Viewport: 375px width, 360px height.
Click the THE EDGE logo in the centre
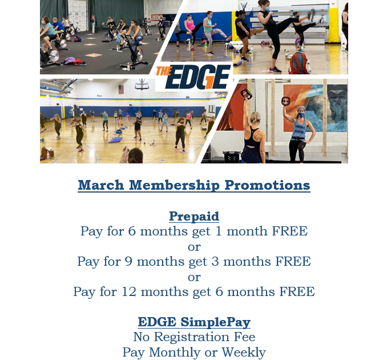coord(193,77)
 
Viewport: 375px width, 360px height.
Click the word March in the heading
coord(101,185)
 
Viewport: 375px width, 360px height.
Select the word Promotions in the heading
coord(267,185)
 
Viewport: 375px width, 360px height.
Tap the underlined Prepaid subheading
coord(194,217)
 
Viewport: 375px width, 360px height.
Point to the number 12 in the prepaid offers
coord(129,291)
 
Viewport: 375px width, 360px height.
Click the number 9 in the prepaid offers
coord(128,261)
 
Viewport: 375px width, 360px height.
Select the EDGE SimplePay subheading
coord(194,322)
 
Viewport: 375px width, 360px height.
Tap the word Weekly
coord(244,353)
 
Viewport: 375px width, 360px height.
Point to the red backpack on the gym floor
coord(298,63)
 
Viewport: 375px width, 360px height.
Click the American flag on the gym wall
coord(121,89)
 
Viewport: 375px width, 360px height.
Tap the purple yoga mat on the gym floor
coord(116,140)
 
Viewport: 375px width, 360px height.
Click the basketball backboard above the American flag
coord(142,86)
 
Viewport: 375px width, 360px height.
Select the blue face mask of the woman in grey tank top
coord(301,115)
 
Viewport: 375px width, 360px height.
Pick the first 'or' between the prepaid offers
coord(194,247)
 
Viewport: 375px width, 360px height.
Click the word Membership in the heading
coord(174,185)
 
